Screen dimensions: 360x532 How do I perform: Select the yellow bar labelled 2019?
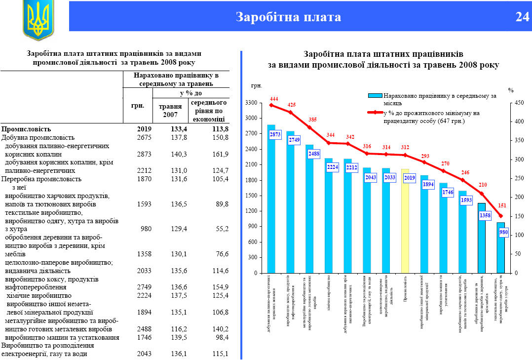point(405,227)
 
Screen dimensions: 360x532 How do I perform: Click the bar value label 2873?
point(275,134)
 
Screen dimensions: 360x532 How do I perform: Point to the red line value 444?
point(274,99)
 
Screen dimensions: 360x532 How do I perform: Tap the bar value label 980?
point(503,232)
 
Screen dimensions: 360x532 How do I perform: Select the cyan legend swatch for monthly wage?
point(375,95)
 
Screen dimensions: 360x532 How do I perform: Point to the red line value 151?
point(502,205)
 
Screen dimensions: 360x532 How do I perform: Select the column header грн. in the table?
point(138,106)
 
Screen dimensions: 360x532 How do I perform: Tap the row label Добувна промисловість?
point(38,137)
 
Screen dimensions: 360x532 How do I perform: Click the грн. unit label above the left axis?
point(256,86)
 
